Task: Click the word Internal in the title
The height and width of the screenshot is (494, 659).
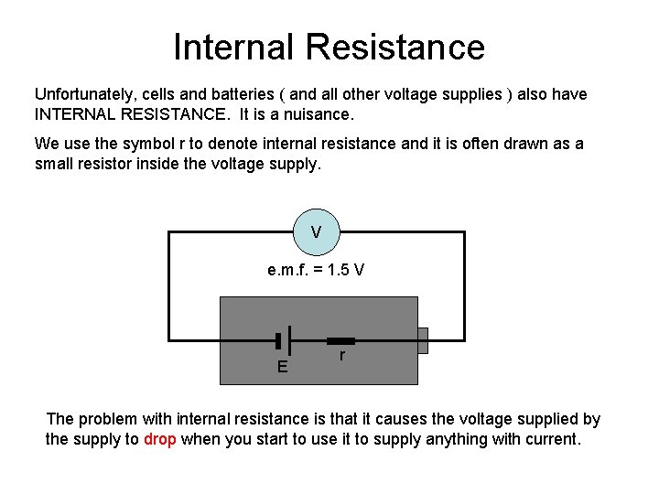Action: (233, 47)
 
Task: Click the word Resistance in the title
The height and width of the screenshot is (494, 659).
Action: (395, 47)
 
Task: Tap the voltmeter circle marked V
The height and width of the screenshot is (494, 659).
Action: (317, 232)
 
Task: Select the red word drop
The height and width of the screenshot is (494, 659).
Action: (159, 439)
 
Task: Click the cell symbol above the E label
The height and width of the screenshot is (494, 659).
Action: (283, 340)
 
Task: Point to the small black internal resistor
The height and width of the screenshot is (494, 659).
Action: (340, 341)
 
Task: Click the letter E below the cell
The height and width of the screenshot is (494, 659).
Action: (283, 367)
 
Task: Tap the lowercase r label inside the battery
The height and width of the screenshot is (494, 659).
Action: (342, 355)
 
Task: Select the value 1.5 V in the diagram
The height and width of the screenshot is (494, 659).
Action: (346, 270)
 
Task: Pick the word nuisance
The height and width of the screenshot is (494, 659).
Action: (319, 114)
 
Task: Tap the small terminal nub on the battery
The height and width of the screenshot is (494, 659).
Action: (423, 340)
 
